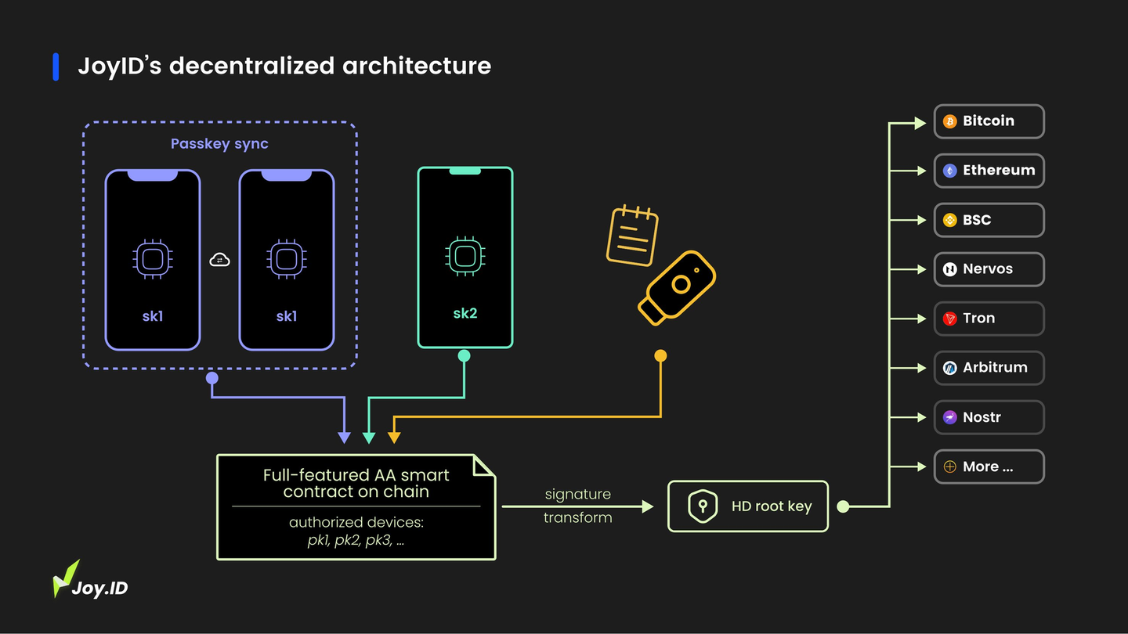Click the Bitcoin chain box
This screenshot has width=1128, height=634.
click(x=989, y=121)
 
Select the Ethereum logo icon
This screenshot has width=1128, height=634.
click(x=949, y=171)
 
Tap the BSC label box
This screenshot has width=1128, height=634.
click(x=989, y=220)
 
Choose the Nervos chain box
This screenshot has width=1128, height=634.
click(x=989, y=269)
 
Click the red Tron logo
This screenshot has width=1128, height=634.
click(x=949, y=319)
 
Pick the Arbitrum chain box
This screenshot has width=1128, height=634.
click(x=989, y=368)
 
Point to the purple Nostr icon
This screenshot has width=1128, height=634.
click(x=949, y=417)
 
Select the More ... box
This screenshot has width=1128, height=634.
click(x=989, y=466)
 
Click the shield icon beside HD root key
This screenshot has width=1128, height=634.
click(x=703, y=506)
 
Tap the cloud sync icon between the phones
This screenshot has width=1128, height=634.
click(x=219, y=260)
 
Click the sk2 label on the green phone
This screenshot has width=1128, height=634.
click(x=465, y=313)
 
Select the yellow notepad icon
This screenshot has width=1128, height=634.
click(x=632, y=236)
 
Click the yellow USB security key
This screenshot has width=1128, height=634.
click(x=677, y=288)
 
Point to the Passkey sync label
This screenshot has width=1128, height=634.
click(x=219, y=144)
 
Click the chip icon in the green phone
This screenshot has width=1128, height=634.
click(x=465, y=256)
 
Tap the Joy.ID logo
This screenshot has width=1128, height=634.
click(x=90, y=580)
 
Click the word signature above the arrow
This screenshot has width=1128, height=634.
click(x=577, y=494)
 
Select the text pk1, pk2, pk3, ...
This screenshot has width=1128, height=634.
click(x=356, y=540)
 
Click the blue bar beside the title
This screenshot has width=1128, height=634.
click(x=56, y=67)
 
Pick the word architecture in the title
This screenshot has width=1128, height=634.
click(x=417, y=66)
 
